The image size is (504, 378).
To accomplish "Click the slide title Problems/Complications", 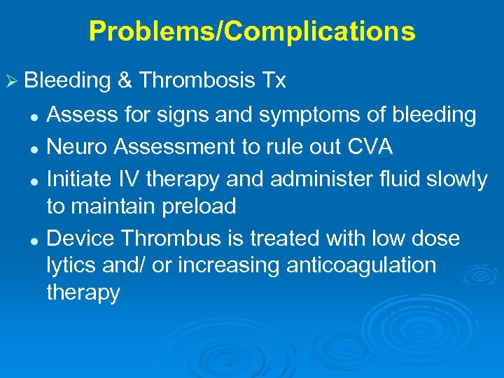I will click(252, 31).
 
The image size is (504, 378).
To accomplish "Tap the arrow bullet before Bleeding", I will click(11, 82).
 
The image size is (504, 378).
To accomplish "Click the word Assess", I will click(80, 115).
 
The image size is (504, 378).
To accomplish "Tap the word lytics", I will click(72, 266).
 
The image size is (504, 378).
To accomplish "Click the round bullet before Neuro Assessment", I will click(33, 148).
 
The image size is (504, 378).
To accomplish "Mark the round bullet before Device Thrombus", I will click(33, 240).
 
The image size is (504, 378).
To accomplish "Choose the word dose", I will click(436, 239).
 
